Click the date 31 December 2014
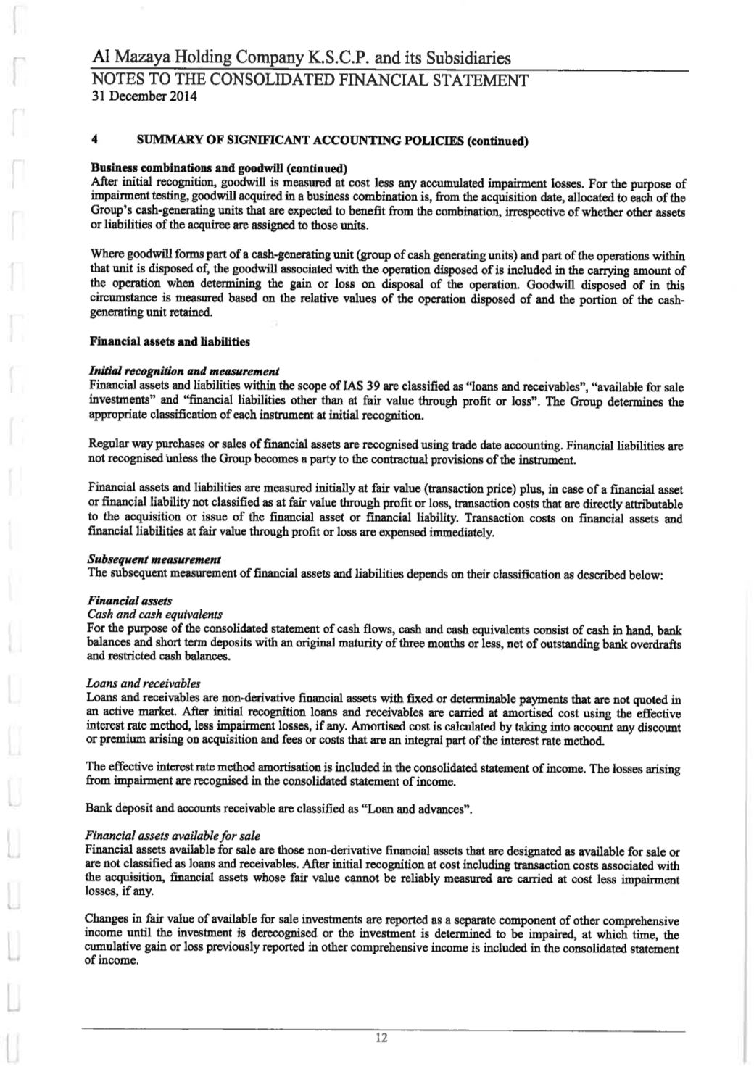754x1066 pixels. tap(144, 95)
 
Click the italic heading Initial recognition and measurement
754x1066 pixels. tap(183, 372)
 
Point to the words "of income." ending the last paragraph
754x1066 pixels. tap(112, 961)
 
